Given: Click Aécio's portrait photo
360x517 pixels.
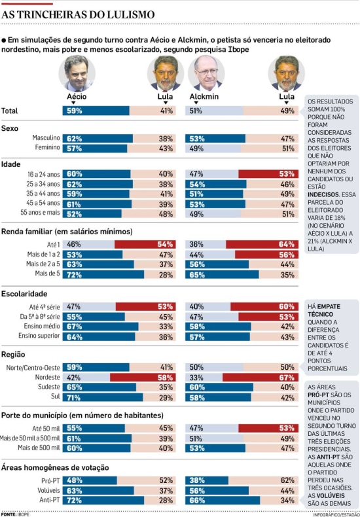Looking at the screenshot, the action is point(77,73).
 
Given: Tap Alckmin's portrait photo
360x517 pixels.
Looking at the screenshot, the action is point(206,73).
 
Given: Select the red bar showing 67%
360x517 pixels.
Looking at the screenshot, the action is point(261,377).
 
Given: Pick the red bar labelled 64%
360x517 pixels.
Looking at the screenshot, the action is point(262,244).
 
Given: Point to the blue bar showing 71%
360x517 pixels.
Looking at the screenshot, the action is point(103,397).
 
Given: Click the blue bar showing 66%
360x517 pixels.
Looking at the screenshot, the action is point(223,500).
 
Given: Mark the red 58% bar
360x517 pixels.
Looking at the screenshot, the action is point(143,377).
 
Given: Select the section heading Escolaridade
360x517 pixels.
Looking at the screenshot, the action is point(24,294).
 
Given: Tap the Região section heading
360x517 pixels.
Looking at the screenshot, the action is point(13,355).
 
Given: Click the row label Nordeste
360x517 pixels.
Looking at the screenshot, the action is point(48,377).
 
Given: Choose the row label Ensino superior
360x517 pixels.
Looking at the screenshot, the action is point(39,336).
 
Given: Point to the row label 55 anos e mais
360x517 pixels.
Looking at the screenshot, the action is point(40,213).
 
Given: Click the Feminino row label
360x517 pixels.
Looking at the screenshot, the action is point(48,147).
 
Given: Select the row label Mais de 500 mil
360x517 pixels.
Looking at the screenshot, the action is point(39,448).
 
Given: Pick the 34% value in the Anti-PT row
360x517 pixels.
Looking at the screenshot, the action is point(287,501).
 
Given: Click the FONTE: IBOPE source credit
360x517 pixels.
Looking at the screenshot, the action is point(15,514).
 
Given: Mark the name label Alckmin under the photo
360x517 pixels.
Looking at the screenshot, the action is point(204,97).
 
